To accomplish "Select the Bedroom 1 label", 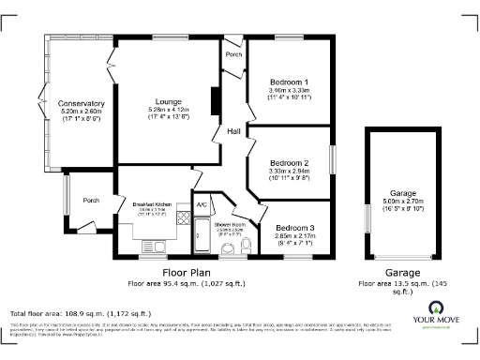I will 290,82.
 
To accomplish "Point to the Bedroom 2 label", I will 289,162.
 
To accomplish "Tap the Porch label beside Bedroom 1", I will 232,54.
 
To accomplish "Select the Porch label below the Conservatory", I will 91,200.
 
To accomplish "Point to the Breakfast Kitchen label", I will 151,203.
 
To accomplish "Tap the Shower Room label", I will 229,224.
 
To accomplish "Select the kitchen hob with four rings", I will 183,224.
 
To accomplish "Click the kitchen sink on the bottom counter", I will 151,246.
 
